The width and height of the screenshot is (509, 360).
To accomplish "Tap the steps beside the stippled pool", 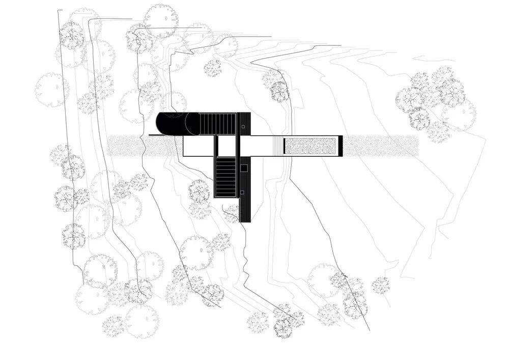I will click(x=278, y=146).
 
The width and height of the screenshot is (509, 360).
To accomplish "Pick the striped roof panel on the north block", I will click(x=217, y=124).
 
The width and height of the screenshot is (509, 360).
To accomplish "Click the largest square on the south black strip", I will click(x=244, y=167).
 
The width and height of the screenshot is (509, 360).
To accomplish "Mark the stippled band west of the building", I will click(x=127, y=146).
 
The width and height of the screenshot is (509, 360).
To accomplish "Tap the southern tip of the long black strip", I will click(x=246, y=219).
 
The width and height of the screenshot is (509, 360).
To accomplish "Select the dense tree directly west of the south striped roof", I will click(x=199, y=190).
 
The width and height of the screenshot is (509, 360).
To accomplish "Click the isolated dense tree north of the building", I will click(x=213, y=68).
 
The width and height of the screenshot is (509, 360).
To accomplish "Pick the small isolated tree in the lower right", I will click(x=381, y=285).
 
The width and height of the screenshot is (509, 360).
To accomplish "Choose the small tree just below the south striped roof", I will click(x=232, y=212).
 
